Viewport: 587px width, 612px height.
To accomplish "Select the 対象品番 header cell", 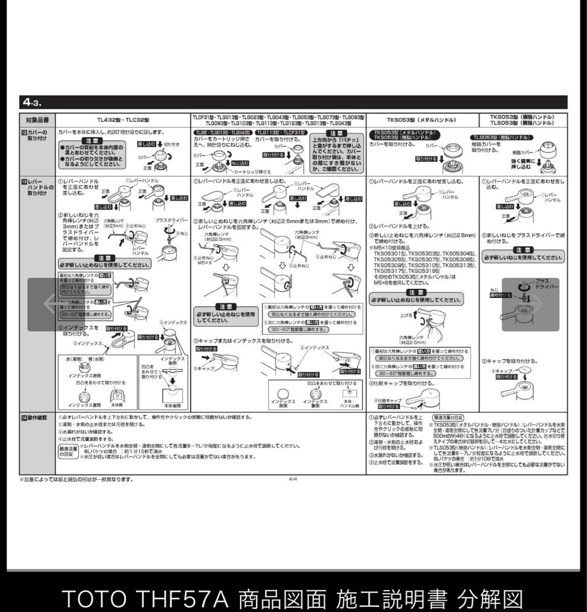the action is coord(37,120).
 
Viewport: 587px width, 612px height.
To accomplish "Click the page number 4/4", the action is coord(293,479).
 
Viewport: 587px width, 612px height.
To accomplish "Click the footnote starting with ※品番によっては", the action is coord(76,479).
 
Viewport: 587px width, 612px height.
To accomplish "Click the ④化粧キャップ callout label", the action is coord(389,401).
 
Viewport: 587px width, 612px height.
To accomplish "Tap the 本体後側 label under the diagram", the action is coord(173,405).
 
